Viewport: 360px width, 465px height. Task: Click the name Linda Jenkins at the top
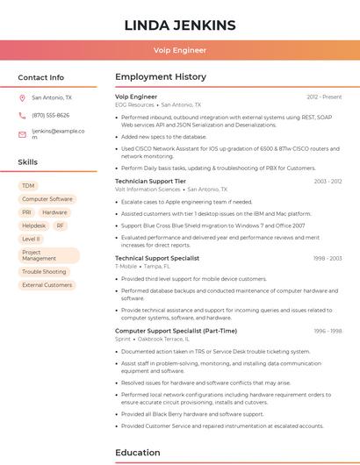pyautogui.click(x=179, y=25)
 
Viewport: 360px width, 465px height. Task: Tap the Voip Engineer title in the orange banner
pyautogui.click(x=179, y=50)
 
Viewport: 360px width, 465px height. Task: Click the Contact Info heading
pyautogui.click(x=41, y=77)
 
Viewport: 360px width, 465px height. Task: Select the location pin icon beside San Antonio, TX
pyautogui.click(x=22, y=98)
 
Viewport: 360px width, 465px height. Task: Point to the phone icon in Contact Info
pyautogui.click(x=22, y=115)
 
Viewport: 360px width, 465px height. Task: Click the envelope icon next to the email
pyautogui.click(x=22, y=134)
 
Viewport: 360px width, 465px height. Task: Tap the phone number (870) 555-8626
pyautogui.click(x=50, y=115)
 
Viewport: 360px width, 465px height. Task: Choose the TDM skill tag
pyautogui.click(x=29, y=186)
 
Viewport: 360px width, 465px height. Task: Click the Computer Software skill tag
pyautogui.click(x=47, y=199)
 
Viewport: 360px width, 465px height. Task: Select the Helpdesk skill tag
pyautogui.click(x=33, y=225)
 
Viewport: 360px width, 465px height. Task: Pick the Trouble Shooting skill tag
pyautogui.click(x=44, y=272)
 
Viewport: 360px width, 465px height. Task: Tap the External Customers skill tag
pyautogui.click(x=47, y=285)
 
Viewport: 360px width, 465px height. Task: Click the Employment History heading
pyautogui.click(x=161, y=77)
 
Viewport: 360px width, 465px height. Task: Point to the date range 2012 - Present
pyautogui.click(x=324, y=97)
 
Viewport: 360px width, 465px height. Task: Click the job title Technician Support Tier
pyautogui.click(x=150, y=181)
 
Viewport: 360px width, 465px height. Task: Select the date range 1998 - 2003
pyautogui.click(x=328, y=259)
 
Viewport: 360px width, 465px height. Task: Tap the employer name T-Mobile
pyautogui.click(x=126, y=266)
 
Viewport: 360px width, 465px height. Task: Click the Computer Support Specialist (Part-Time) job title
pyautogui.click(x=176, y=331)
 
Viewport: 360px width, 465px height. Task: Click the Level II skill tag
pyautogui.click(x=31, y=239)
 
